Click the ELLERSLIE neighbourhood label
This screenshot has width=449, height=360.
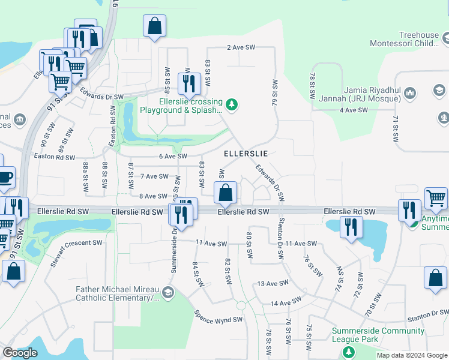pyautogui.click(x=246, y=154)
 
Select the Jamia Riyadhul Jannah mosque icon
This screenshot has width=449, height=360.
pyautogui.click(x=410, y=93)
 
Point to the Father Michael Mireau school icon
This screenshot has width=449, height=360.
pyautogui.click(x=167, y=293)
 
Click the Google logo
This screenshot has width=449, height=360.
pyautogui.click(x=20, y=353)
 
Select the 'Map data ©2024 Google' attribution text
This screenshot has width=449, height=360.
pyautogui.click(x=411, y=355)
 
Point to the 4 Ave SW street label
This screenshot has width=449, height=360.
pyautogui.click(x=353, y=110)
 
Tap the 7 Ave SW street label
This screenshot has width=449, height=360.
pyautogui.click(x=154, y=176)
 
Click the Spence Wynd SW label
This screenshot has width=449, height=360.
pyautogui.click(x=218, y=316)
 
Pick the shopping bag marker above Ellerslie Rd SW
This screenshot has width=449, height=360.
pyautogui.click(x=225, y=193)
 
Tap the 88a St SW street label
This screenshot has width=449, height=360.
pyautogui.click(x=86, y=177)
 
